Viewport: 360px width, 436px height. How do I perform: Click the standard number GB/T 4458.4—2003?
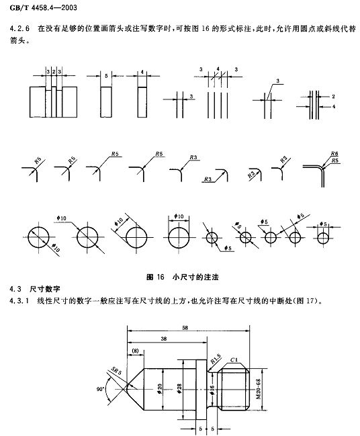[44, 7]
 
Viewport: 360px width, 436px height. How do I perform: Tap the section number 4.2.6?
[19, 29]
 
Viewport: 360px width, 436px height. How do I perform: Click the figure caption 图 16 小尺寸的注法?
[183, 277]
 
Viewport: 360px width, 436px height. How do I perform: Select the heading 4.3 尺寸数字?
[35, 289]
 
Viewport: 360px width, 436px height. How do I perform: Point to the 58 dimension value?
[185, 328]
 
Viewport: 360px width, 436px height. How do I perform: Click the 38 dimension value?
[164, 339]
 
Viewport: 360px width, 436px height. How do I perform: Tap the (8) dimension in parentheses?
[135, 351]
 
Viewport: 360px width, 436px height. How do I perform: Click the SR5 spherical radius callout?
[116, 370]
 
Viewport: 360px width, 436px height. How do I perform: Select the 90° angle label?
[100, 389]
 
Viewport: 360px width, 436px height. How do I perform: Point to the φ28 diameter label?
[179, 388]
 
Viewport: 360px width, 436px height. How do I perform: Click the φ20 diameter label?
[159, 388]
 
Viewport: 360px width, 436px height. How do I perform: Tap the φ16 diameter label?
[212, 389]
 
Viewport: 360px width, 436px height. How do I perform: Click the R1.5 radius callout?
[216, 359]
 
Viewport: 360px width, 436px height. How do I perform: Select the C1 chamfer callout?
[234, 360]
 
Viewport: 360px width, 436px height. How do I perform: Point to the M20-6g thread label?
[259, 389]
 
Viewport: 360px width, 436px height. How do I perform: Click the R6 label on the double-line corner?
[334, 154]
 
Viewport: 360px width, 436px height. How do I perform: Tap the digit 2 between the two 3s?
[54, 72]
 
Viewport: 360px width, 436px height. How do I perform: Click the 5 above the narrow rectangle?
[106, 76]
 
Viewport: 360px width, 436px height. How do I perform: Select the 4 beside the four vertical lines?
[334, 107]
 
